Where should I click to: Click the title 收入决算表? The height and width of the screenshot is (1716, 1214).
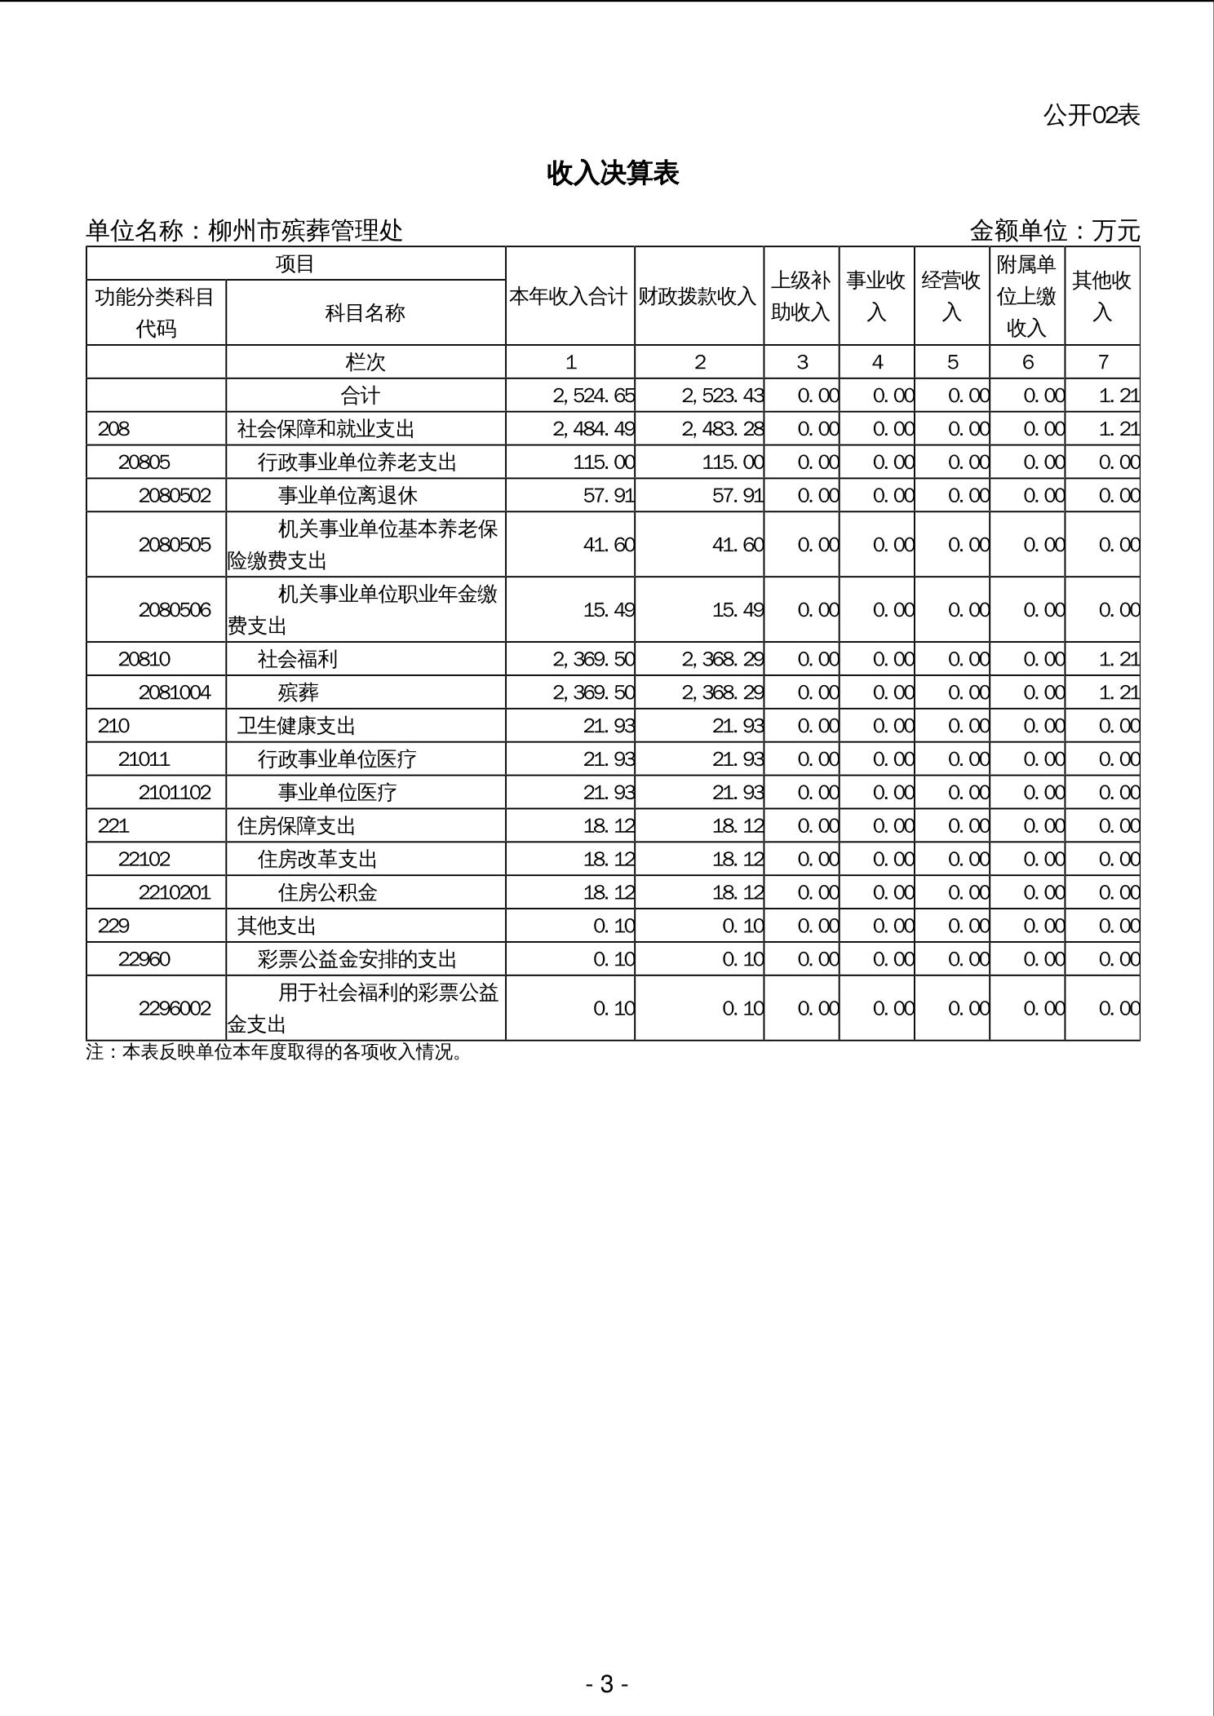pos(613,173)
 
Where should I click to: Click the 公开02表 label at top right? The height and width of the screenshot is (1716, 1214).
pos(1091,116)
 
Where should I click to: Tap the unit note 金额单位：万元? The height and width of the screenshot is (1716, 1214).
pos(1054,231)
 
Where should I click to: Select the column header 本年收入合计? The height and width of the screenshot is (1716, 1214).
pos(569,296)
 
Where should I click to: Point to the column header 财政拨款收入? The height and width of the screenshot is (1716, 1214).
pos(698,296)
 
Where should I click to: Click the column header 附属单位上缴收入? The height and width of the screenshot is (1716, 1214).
pos(1026,296)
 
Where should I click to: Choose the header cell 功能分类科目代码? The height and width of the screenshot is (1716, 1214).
pos(155,312)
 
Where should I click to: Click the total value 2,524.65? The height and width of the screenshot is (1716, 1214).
pos(593,396)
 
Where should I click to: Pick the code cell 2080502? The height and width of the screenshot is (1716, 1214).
pos(175,495)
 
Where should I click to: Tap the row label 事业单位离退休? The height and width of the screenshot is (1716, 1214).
pos(348,495)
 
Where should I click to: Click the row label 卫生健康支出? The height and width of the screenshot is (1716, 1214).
pos(296,726)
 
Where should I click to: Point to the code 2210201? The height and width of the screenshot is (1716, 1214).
pos(175,892)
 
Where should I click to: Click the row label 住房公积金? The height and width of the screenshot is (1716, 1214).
pos(327,892)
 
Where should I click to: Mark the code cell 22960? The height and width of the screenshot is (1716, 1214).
pos(144,959)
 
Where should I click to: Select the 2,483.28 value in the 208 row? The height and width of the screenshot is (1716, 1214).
pos(723,429)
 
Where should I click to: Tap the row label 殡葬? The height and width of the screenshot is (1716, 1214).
pos(298,692)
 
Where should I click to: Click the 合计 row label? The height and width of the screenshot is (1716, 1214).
pos(360,396)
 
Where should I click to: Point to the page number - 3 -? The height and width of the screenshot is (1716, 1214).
pos(606,1683)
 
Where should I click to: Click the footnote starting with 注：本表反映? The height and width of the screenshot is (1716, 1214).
pos(274,1052)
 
